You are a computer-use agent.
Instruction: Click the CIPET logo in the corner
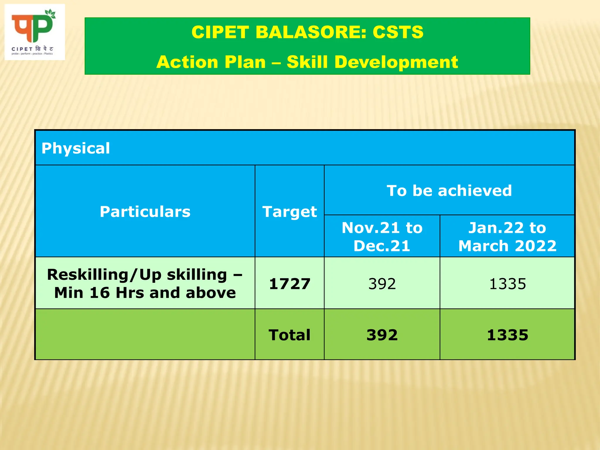pos(35,32)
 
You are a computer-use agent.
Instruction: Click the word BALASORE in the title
pos(311,32)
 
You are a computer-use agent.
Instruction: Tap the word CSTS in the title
pos(398,32)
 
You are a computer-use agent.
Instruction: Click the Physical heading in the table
pos(76,148)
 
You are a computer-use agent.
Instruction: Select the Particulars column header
pos(145,212)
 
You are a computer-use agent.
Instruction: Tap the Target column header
pos(289,212)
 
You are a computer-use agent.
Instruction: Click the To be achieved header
pos(449,190)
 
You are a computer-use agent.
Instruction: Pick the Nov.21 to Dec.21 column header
pos(382,236)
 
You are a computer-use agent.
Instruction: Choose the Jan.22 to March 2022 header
pos(507,236)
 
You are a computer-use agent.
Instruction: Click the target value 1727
pos(289,284)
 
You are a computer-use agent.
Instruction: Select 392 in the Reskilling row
pos(382,284)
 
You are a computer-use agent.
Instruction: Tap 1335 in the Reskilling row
pos(507,284)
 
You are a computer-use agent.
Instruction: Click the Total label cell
pos(289,335)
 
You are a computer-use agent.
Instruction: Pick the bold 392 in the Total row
pos(382,335)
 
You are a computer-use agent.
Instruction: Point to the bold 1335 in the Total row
pos(507,335)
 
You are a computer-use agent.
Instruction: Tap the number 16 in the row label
pos(99,293)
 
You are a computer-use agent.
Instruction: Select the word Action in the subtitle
pos(187,62)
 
